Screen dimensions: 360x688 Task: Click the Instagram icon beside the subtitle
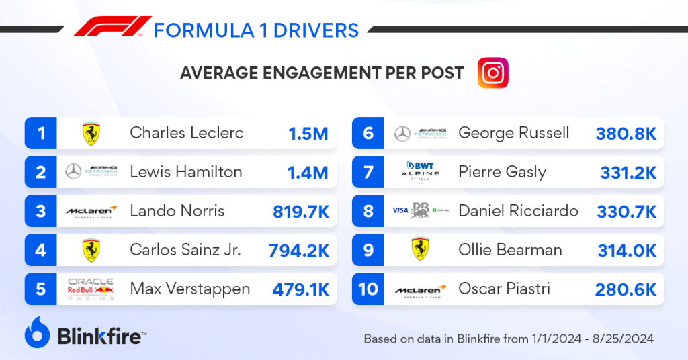[492, 73]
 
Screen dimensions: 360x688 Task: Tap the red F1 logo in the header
[112, 28]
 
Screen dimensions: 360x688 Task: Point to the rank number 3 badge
[41, 212]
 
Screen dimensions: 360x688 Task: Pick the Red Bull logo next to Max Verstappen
[91, 289]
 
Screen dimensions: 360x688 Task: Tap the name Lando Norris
[177, 211]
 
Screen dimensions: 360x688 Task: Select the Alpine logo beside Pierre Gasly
[420, 172]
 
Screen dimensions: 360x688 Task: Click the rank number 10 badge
[368, 289]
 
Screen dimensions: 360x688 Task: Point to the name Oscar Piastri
[504, 289]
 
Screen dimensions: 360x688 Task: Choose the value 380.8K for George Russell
[626, 134]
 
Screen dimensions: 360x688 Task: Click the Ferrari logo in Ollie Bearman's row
[420, 251]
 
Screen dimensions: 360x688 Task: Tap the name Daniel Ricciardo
[518, 211]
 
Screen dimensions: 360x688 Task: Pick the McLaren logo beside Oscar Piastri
[420, 290]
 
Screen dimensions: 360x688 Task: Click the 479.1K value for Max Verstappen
[300, 289]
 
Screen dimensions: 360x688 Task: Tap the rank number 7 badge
[368, 173]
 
